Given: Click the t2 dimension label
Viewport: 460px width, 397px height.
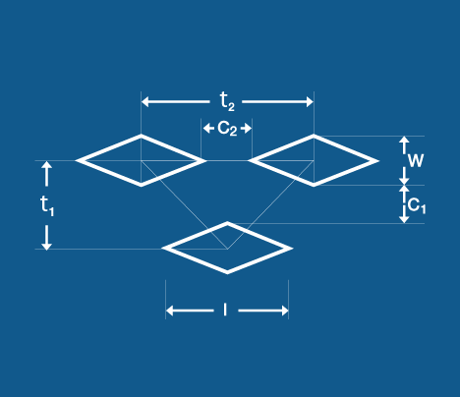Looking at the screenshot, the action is tap(227, 101).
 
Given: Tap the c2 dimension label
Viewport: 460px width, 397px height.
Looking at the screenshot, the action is tap(227, 129).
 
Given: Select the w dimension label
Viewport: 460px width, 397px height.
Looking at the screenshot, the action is tap(416, 160).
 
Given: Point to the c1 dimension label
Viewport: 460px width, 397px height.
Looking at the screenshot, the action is tap(417, 206).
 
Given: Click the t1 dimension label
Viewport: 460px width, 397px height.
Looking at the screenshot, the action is tap(47, 205).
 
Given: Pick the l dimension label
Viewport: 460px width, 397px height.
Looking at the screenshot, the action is tap(225, 310).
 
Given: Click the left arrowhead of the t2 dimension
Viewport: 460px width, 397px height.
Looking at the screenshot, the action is tap(144, 101).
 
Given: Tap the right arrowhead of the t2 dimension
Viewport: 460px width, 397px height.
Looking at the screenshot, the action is tap(310, 101).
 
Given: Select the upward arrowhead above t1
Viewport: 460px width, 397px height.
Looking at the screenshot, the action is tap(47, 165).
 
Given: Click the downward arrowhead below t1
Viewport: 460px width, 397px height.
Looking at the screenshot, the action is tap(47, 246).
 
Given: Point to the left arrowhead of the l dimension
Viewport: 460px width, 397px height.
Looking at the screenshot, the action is tap(170, 311).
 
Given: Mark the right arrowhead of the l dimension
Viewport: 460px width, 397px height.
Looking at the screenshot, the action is tap(284, 311).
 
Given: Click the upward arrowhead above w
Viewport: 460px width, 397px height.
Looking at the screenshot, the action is tap(404, 140).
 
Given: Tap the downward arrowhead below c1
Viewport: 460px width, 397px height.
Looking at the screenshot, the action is tap(404, 219).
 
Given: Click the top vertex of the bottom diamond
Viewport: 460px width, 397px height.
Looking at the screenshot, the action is tap(227, 222).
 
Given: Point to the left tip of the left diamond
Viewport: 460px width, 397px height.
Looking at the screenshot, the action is tap(77, 160).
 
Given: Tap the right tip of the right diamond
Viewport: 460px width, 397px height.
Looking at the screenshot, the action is tap(378, 161).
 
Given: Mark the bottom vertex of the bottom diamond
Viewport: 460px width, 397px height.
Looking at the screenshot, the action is tap(227, 273).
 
